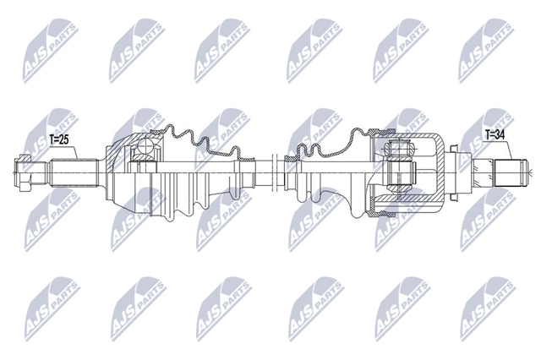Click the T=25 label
pos(59,139)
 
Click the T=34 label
pos(495,135)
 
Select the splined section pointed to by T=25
pos(74,172)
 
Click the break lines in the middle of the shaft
pos(275,172)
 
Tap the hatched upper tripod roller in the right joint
pos(400,148)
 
